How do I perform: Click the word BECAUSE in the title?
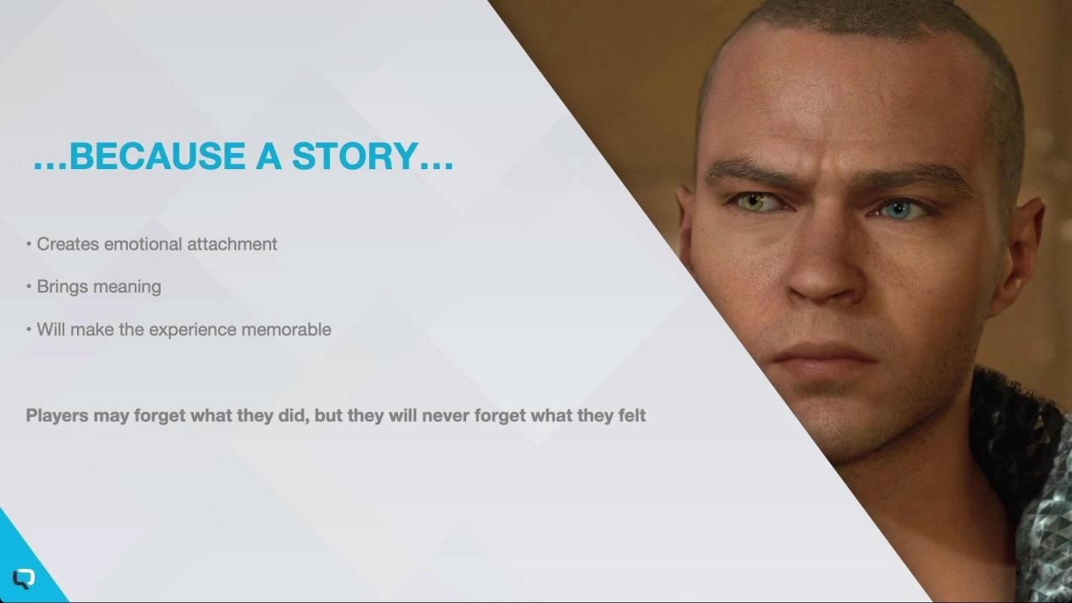(157, 156)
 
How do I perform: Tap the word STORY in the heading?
(355, 156)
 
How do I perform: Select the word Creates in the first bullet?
(68, 244)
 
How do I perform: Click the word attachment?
(232, 244)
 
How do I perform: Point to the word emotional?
(143, 244)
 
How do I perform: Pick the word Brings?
(63, 287)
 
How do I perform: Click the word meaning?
(127, 287)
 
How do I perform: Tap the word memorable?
(286, 330)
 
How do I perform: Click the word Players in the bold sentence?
(57, 415)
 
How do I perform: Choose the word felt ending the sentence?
(632, 415)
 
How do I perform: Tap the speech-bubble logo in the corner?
(24, 579)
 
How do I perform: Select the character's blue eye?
(899, 210)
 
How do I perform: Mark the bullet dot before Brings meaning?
(30, 287)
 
